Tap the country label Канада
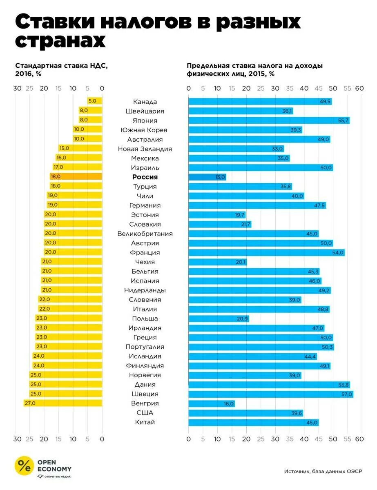[x=145, y=102]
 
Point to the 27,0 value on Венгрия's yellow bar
[x=30, y=403]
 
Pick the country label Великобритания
[x=145, y=234]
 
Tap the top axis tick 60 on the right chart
[x=359, y=88]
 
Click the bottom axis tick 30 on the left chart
[x=17, y=439]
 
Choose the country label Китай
[x=145, y=422]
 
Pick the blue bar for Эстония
[x=216, y=215]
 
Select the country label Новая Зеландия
[x=145, y=149]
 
